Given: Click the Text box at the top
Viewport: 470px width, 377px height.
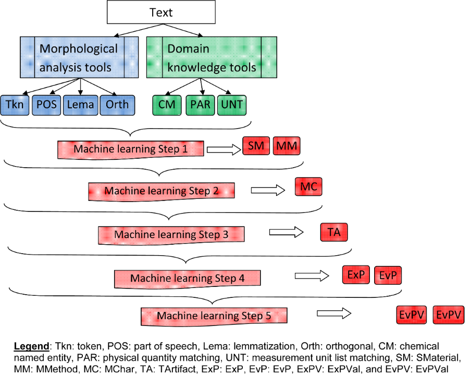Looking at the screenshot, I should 160,12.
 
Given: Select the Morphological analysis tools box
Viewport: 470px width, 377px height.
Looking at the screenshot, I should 79,57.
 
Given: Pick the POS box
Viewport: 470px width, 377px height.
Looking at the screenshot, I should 46,105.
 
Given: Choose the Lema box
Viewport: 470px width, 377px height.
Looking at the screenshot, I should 80,105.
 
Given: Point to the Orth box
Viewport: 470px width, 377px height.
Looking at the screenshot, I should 117,105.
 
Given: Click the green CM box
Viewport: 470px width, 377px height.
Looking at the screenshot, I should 167,105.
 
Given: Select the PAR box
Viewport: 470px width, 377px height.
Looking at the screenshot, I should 200,105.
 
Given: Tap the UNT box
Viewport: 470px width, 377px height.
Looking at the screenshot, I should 232,105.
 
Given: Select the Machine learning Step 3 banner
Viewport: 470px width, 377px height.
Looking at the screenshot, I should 171,235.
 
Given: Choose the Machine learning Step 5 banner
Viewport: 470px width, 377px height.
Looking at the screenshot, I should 214,316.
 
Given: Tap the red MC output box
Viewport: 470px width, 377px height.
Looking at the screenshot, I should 308,186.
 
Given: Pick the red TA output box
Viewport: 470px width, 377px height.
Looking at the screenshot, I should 334,232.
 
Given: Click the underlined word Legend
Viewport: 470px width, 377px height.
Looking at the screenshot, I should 30,346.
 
